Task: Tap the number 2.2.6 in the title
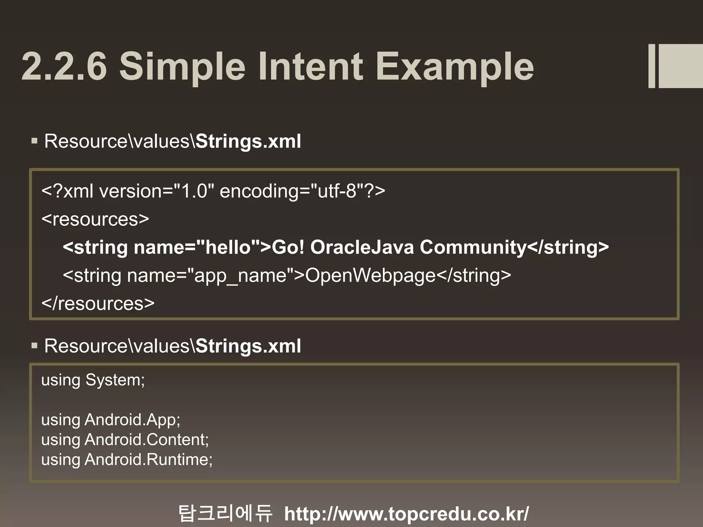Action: pos(64,66)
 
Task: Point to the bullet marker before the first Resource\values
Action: pos(34,141)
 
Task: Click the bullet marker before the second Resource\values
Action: pos(34,346)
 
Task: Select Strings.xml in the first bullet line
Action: pos(248,141)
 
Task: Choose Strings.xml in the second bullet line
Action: pos(248,346)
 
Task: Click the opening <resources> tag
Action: pos(95,219)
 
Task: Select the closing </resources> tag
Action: pos(98,304)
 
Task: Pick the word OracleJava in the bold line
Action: pos(362,247)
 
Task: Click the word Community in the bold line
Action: pos(473,247)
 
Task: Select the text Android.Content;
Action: pos(147,440)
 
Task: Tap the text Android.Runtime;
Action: pos(149,460)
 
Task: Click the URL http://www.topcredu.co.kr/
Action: pos(406,514)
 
